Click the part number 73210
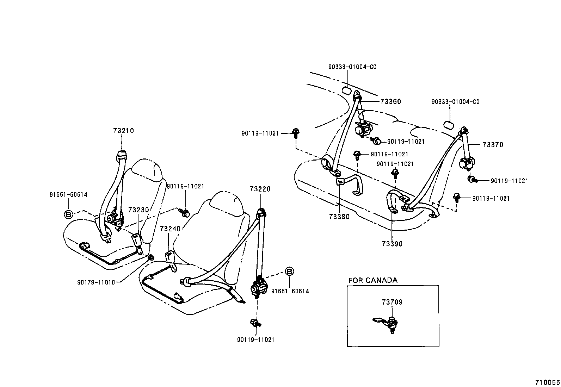click(x=124, y=131)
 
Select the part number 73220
click(x=260, y=189)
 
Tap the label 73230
click(x=138, y=210)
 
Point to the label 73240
click(x=170, y=229)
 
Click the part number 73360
click(x=391, y=101)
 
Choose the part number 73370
click(x=493, y=145)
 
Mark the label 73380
click(x=339, y=217)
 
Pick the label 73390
click(x=392, y=244)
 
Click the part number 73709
click(x=392, y=302)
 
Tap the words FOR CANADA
click(x=373, y=280)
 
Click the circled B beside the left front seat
click(x=68, y=214)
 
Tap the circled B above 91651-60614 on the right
click(x=289, y=271)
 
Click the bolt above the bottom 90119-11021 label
click(x=254, y=323)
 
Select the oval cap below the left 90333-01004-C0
click(x=346, y=90)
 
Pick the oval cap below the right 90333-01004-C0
click(x=449, y=125)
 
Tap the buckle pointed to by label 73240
click(x=170, y=256)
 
